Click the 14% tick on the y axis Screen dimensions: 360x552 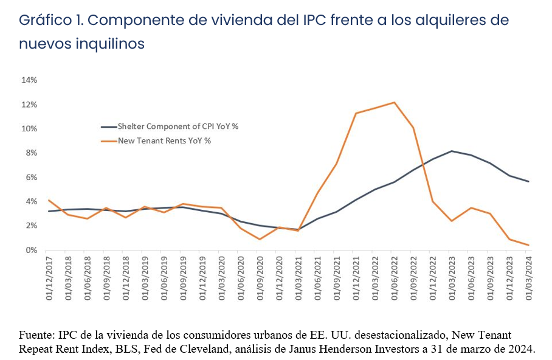pyautogui.click(x=29, y=80)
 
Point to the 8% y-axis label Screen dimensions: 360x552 pyautogui.click(x=31, y=153)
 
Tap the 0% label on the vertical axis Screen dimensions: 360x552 pyautogui.click(x=31, y=251)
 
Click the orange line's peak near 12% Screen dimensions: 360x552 pyautogui.click(x=395, y=102)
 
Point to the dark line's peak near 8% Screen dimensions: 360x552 pyautogui.click(x=452, y=151)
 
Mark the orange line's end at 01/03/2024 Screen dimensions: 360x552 pyautogui.click(x=529, y=245)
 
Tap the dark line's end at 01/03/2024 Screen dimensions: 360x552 pyautogui.click(x=529, y=181)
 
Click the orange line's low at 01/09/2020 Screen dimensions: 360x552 pyautogui.click(x=260, y=239)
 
